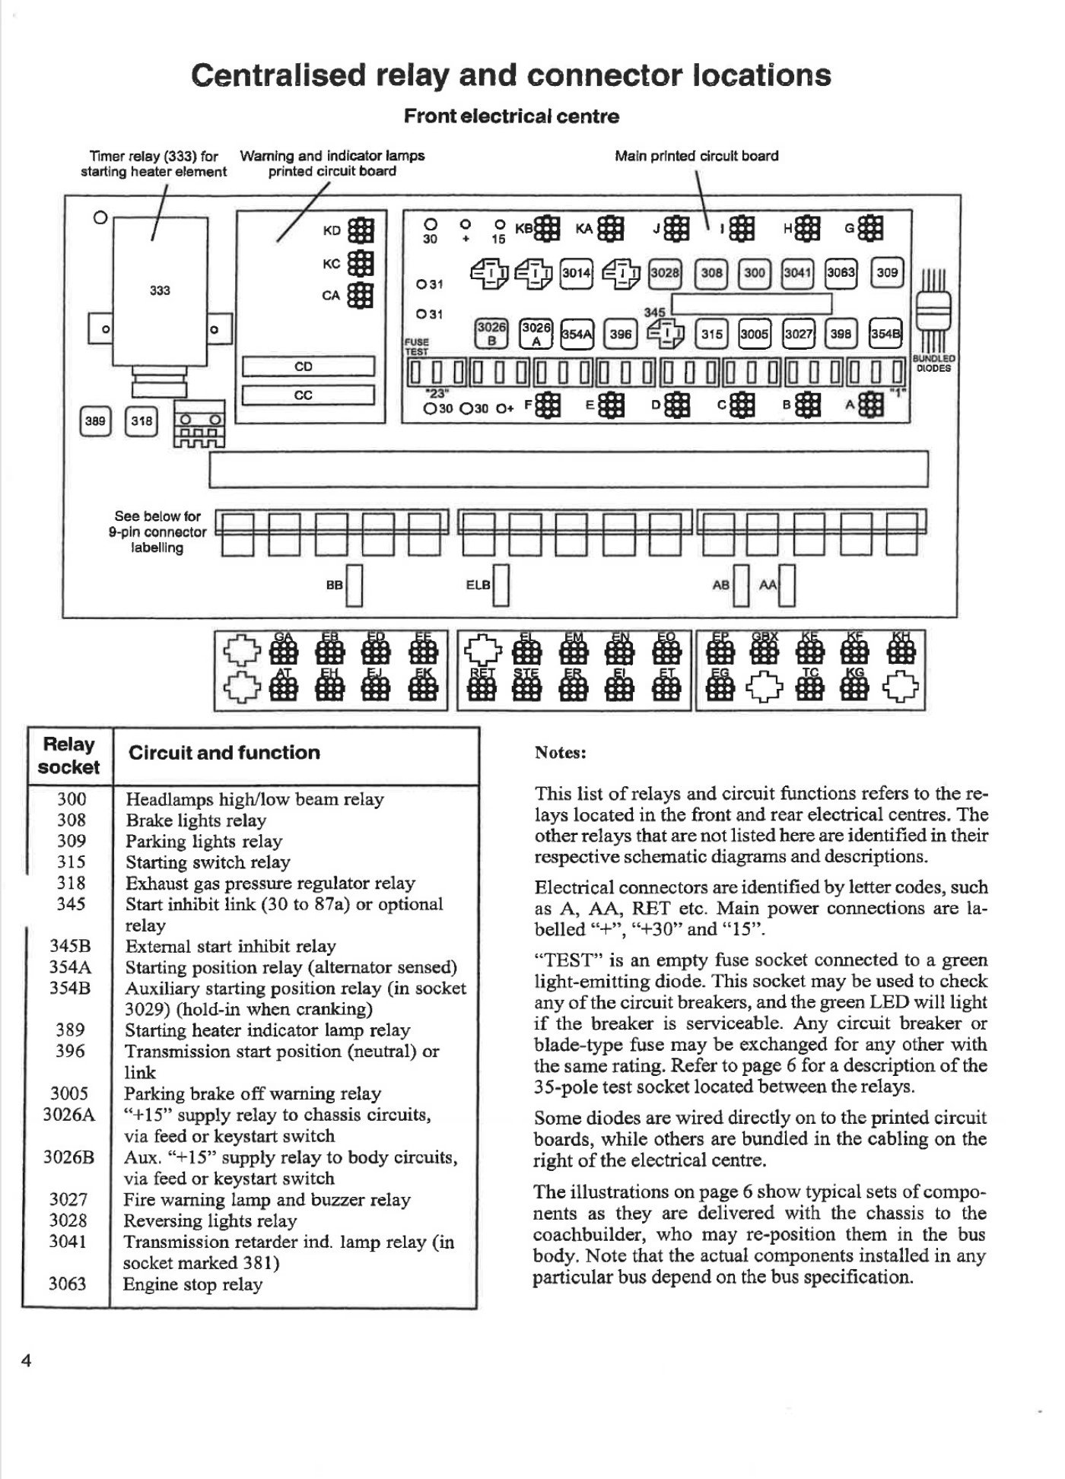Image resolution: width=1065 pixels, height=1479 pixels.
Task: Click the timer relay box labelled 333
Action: (160, 290)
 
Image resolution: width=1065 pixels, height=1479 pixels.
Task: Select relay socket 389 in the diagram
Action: (95, 421)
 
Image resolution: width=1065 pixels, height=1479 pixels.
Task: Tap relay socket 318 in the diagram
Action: (141, 421)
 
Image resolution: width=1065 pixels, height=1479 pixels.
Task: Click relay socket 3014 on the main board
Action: (576, 272)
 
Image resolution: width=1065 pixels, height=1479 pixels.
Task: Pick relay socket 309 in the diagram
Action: (887, 272)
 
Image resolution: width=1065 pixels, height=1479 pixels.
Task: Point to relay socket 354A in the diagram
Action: (576, 333)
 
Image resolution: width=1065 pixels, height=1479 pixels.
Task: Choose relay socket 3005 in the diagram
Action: (755, 333)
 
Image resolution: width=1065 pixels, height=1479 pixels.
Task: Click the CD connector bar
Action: (308, 367)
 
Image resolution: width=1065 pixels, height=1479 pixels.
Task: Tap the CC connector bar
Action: (308, 395)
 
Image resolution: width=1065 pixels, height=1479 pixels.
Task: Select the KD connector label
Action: (332, 230)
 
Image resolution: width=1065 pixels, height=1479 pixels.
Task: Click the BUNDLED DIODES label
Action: (935, 363)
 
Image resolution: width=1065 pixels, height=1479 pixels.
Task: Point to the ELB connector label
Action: (477, 585)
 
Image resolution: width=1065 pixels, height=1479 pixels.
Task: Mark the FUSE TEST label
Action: (416, 347)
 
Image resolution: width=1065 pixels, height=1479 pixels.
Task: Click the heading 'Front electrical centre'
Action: (511, 116)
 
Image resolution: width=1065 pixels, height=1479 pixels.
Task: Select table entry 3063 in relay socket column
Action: (68, 1284)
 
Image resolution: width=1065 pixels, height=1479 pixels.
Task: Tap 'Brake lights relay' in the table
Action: (196, 820)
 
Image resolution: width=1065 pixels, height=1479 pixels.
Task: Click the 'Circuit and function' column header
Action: (224, 753)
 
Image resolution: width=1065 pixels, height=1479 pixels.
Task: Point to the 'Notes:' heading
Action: (561, 753)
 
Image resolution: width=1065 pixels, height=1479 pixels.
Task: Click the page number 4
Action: (26, 1362)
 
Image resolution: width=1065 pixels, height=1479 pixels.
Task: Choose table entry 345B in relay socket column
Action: (70, 947)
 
